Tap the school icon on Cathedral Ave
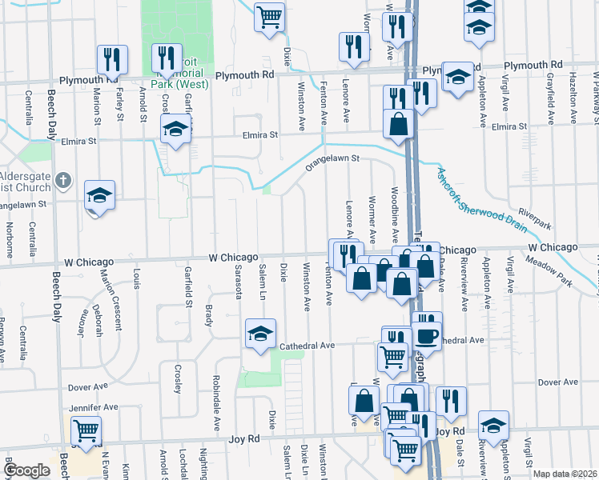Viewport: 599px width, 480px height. (x=259, y=334)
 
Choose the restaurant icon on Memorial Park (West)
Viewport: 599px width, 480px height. (x=167, y=57)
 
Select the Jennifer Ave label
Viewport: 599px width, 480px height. (x=94, y=407)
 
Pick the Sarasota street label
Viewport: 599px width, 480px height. (x=239, y=279)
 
